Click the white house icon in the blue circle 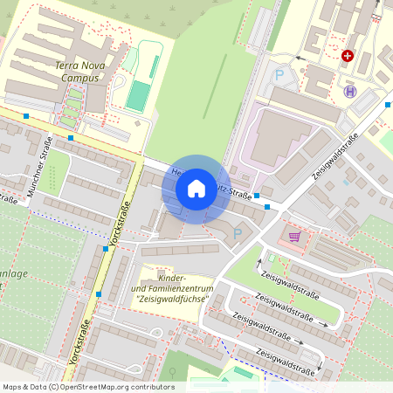[x=196, y=188]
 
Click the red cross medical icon [x=348, y=56]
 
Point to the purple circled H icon [x=350, y=91]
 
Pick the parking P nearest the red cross [x=279, y=75]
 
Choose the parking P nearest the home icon [x=237, y=234]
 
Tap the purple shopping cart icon [x=294, y=236]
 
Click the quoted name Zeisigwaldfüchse [x=173, y=300]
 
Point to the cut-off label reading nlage [x=15, y=272]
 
